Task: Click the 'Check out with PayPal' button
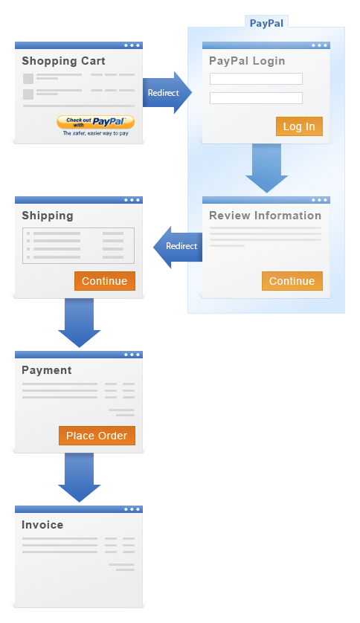[x=95, y=122]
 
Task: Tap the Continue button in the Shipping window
[x=105, y=281]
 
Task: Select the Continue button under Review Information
[x=292, y=281]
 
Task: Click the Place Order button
[x=97, y=436]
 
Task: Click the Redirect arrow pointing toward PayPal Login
[x=167, y=93]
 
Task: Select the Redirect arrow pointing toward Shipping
[x=178, y=247]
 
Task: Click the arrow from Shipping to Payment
[x=79, y=323]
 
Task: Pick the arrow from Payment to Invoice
[x=79, y=477]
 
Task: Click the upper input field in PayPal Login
[x=257, y=79]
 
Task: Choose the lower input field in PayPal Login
[x=257, y=98]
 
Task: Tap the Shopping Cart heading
[x=63, y=61]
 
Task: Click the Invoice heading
[x=42, y=525]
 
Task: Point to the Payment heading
[x=47, y=371]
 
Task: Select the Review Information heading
[x=266, y=216]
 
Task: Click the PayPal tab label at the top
[x=266, y=23]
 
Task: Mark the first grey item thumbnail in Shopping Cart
[x=28, y=79]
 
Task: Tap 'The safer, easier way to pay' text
[x=96, y=134]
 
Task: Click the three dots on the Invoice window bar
[x=132, y=509]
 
